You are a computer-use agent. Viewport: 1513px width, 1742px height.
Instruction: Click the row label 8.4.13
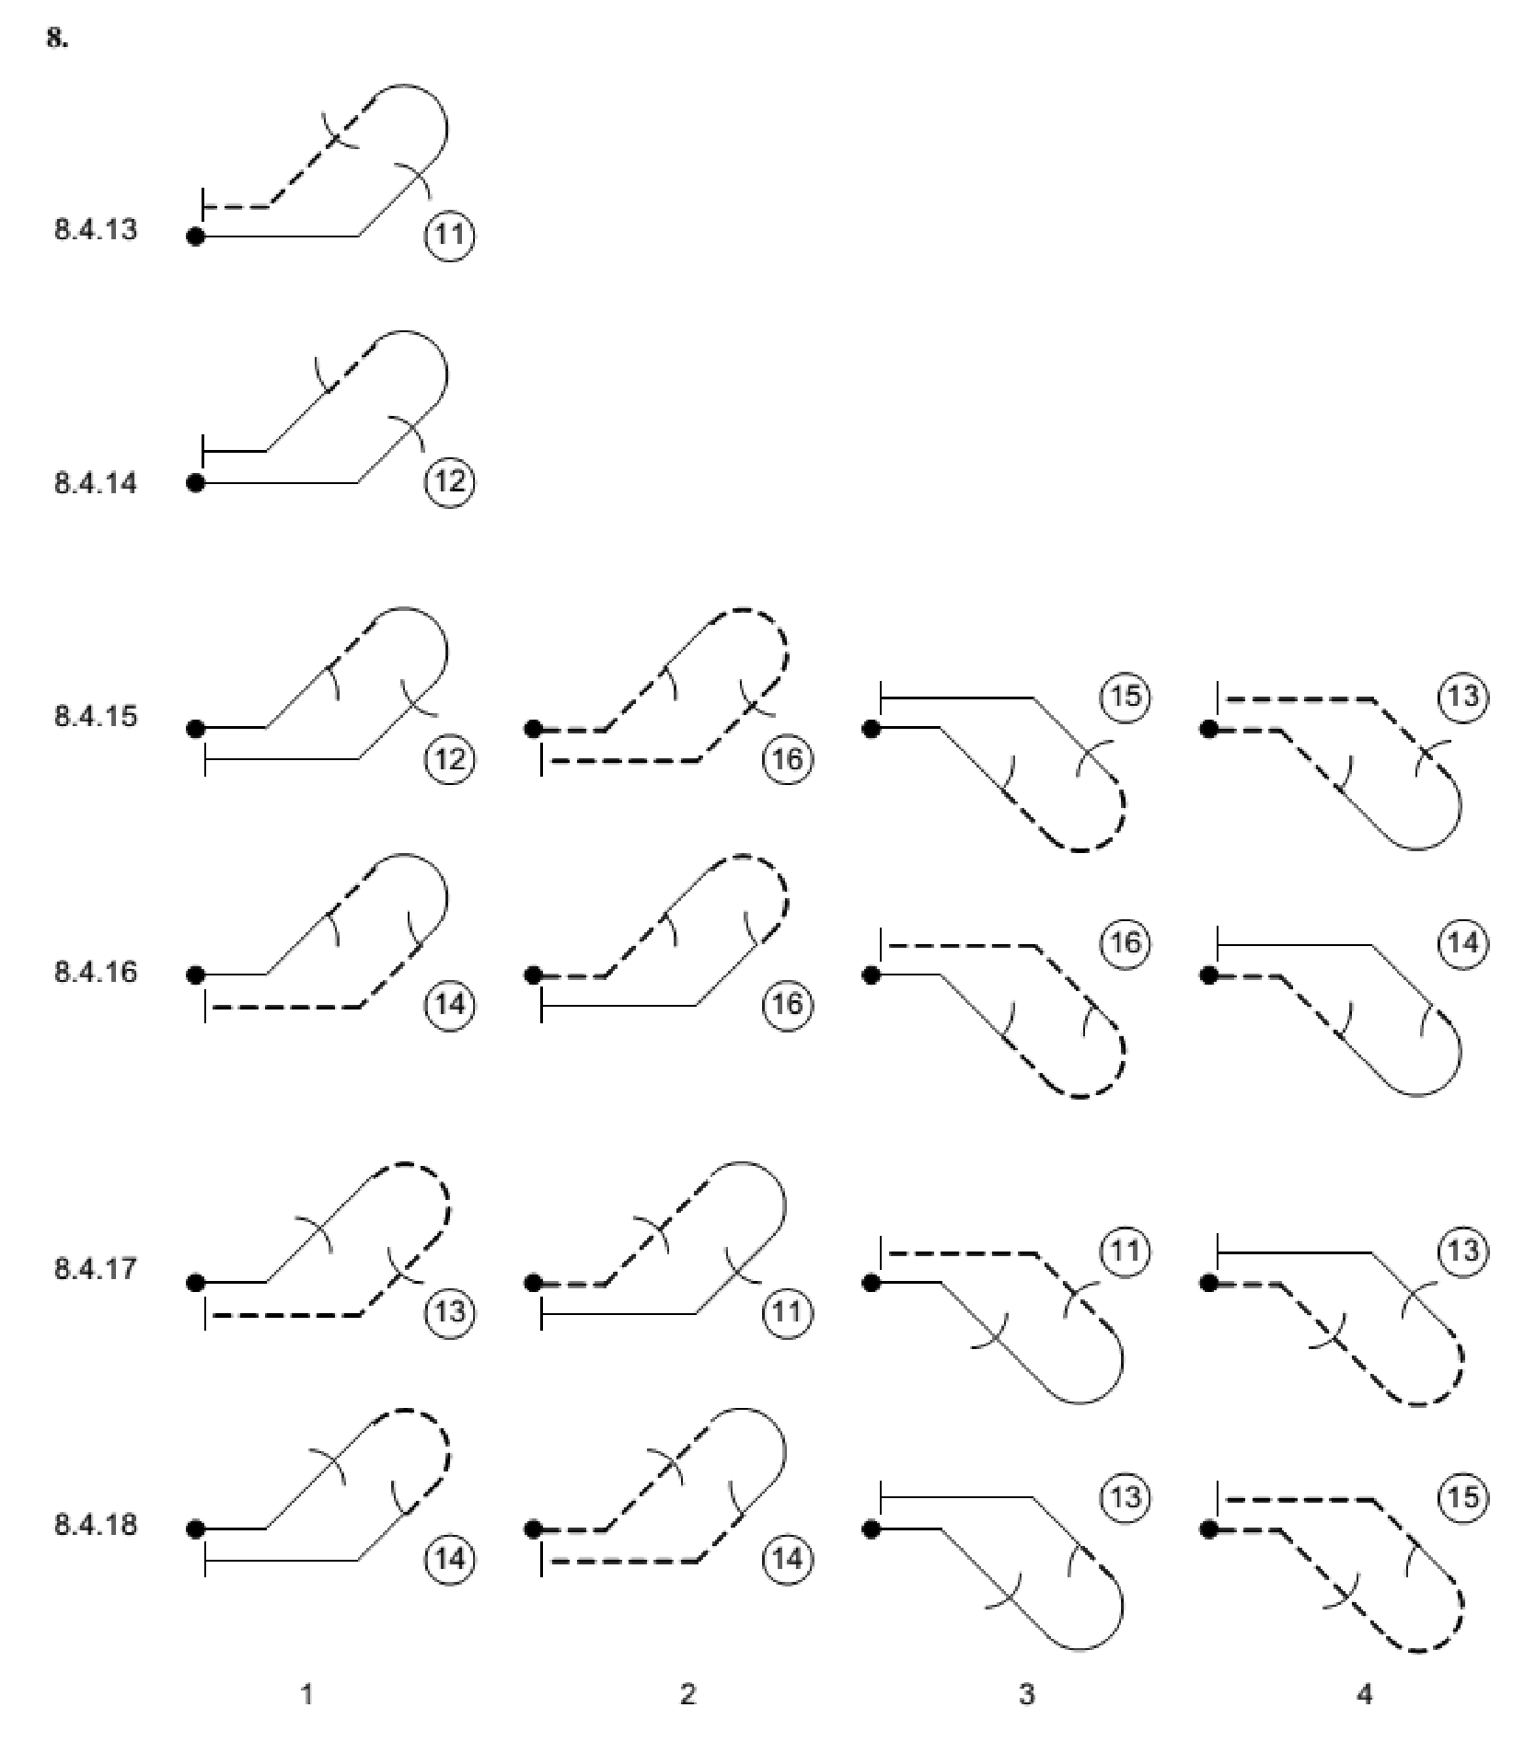pos(96,230)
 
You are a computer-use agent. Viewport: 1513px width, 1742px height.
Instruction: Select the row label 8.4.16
pos(96,972)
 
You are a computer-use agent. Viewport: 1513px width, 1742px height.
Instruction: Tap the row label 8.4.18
pos(96,1525)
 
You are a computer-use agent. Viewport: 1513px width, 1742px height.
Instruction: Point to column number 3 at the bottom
pos(1026,1694)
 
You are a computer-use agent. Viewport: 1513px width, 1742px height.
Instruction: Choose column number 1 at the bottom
pos(307,1694)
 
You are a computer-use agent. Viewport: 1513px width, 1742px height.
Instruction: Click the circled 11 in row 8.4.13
pos(449,236)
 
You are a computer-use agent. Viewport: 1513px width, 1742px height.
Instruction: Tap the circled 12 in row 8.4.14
pos(449,481)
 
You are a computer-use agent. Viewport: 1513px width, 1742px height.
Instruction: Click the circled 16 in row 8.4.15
pos(788,759)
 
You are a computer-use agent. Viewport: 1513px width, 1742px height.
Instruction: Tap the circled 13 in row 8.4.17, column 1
pos(449,1311)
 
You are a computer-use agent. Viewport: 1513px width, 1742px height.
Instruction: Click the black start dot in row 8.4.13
pos(195,236)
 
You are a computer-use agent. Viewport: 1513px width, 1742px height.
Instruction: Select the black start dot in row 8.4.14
pos(195,482)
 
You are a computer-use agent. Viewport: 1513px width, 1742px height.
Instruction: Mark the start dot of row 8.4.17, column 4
pos(1209,1283)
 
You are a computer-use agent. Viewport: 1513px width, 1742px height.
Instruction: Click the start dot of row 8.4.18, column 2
pos(533,1529)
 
